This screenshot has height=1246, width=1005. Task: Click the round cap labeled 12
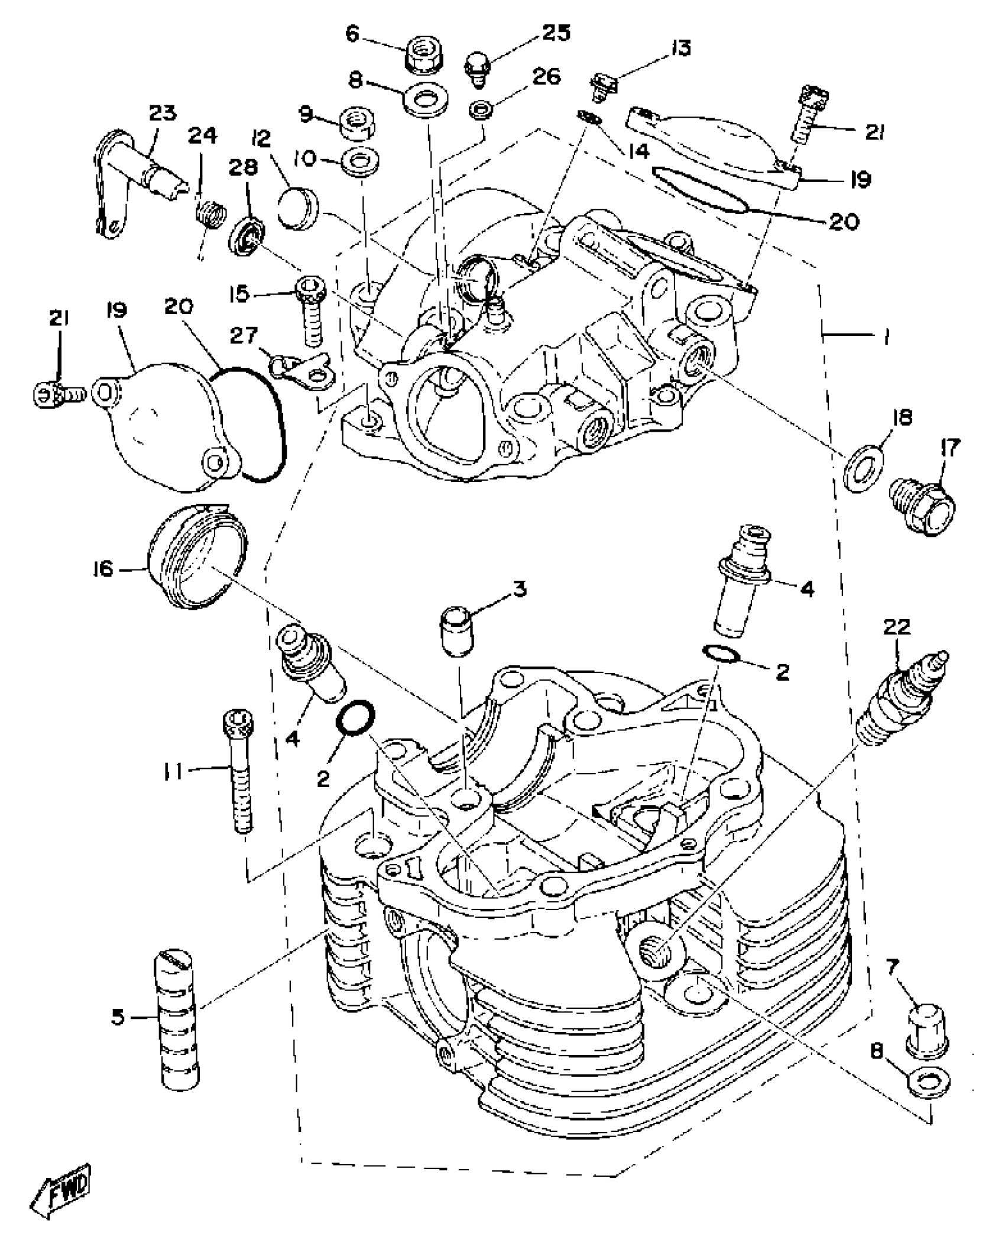click(297, 208)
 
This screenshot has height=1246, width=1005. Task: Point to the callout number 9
click(305, 114)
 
